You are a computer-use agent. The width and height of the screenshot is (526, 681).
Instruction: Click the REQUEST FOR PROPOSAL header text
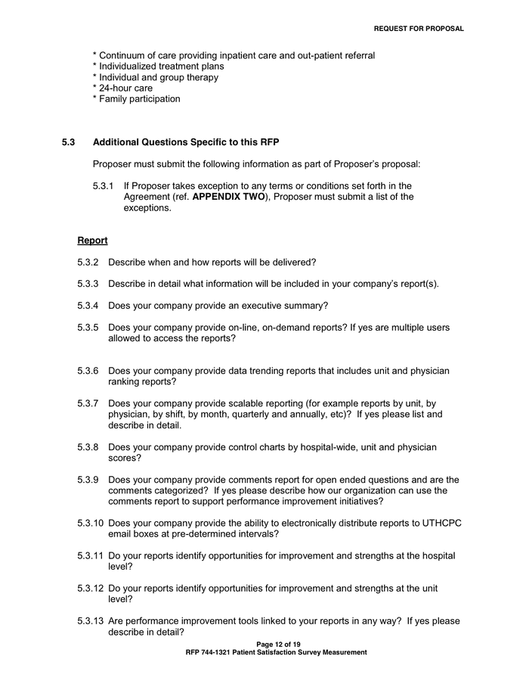tap(419, 29)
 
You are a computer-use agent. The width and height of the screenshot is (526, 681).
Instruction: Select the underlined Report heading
tap(92, 241)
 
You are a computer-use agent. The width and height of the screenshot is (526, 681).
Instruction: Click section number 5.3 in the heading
tap(69, 142)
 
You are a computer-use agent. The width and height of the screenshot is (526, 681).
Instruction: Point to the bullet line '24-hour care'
tap(122, 88)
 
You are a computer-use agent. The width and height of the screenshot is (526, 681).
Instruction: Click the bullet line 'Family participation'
tap(136, 98)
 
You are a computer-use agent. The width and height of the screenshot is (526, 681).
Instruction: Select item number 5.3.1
tap(104, 186)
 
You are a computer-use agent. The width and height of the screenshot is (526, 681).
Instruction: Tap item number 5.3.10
tap(91, 524)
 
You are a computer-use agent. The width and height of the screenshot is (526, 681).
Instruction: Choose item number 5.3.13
tap(91, 621)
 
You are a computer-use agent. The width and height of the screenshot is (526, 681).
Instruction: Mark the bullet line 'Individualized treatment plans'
tap(158, 67)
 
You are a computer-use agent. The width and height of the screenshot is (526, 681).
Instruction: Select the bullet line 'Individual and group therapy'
tap(155, 77)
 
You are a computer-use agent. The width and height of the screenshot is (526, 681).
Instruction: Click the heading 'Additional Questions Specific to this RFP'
tap(186, 142)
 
